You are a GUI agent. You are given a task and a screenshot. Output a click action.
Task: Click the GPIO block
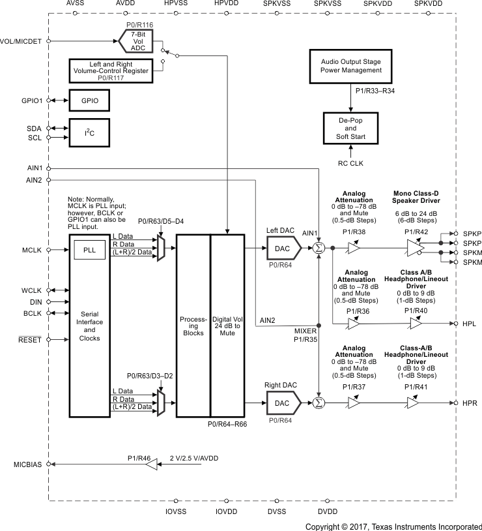(x=89, y=101)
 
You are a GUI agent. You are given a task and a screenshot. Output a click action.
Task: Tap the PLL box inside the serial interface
(x=89, y=249)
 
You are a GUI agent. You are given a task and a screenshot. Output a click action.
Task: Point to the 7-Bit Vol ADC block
(x=137, y=40)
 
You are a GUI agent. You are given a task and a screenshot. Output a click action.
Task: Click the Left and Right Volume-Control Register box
(x=111, y=70)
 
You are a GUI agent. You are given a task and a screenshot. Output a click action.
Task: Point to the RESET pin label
(x=29, y=340)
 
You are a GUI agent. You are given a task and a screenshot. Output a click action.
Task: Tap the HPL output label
(x=470, y=324)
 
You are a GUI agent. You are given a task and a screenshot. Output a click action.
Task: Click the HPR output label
(x=470, y=404)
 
